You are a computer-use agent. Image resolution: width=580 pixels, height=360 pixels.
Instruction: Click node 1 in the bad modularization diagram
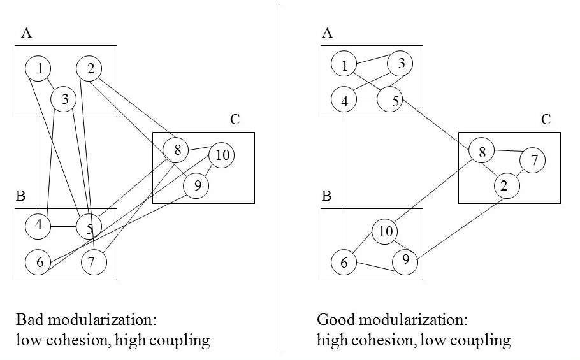(x=39, y=69)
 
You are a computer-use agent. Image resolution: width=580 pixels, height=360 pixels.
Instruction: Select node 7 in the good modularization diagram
(x=533, y=161)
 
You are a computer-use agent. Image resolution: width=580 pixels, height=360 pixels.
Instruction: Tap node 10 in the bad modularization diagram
(x=221, y=155)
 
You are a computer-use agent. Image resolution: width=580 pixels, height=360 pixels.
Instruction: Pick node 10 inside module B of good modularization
(x=385, y=231)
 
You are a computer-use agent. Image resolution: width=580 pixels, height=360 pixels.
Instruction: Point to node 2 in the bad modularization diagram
(x=90, y=69)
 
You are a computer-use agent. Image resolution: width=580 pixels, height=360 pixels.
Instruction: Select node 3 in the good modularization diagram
(x=400, y=63)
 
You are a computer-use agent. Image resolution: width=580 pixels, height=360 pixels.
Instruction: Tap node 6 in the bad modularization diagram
(x=38, y=261)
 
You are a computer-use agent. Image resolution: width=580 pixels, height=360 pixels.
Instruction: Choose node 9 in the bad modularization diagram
(x=196, y=185)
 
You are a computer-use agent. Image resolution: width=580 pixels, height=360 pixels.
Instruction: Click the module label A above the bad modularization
(x=26, y=34)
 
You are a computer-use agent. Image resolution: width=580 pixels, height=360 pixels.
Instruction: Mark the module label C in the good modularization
(x=546, y=120)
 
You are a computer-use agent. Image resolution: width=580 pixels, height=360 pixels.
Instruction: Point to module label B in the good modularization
(x=326, y=196)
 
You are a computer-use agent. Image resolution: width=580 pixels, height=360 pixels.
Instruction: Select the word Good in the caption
(x=333, y=319)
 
